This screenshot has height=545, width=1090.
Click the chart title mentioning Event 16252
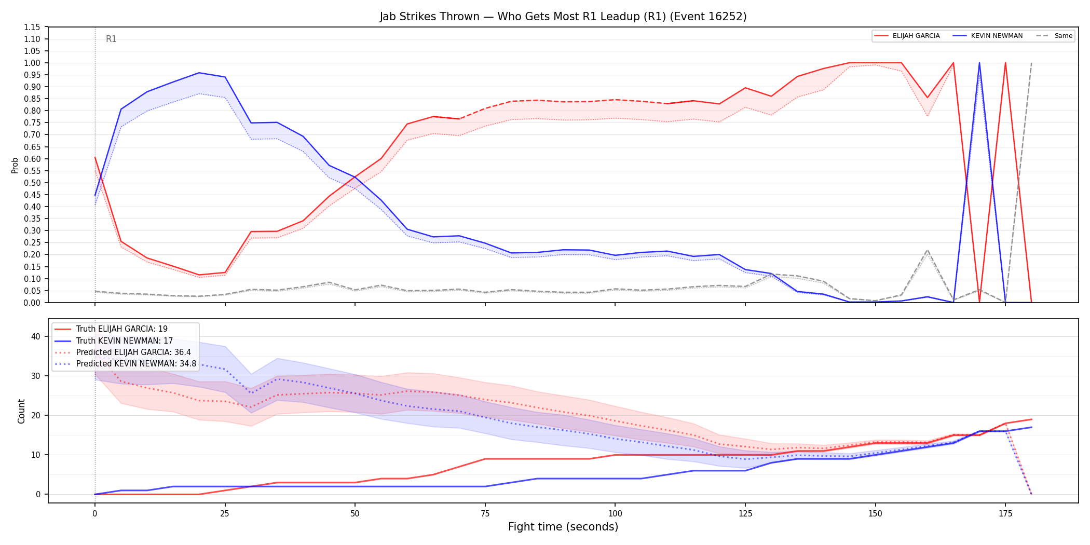(x=563, y=17)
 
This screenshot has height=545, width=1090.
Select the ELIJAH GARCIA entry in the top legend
(x=907, y=36)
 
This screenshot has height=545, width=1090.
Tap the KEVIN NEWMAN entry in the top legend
(x=988, y=36)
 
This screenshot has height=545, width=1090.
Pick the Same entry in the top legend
(x=1054, y=36)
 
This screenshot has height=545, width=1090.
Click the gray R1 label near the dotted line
(x=111, y=39)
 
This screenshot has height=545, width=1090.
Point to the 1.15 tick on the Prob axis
(x=32, y=27)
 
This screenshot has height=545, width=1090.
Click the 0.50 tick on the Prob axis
(x=32, y=183)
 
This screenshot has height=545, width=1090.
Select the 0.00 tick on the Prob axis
(x=32, y=303)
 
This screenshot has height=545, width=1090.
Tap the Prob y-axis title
(x=15, y=165)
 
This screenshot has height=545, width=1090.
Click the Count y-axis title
(x=21, y=411)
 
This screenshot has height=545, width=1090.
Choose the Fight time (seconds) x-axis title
(x=563, y=527)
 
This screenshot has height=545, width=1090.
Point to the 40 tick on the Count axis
(x=35, y=336)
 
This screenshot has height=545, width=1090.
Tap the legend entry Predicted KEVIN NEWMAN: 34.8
(x=125, y=363)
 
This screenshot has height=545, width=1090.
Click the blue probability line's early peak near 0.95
(x=199, y=73)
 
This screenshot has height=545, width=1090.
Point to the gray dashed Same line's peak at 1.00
(x=1031, y=63)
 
